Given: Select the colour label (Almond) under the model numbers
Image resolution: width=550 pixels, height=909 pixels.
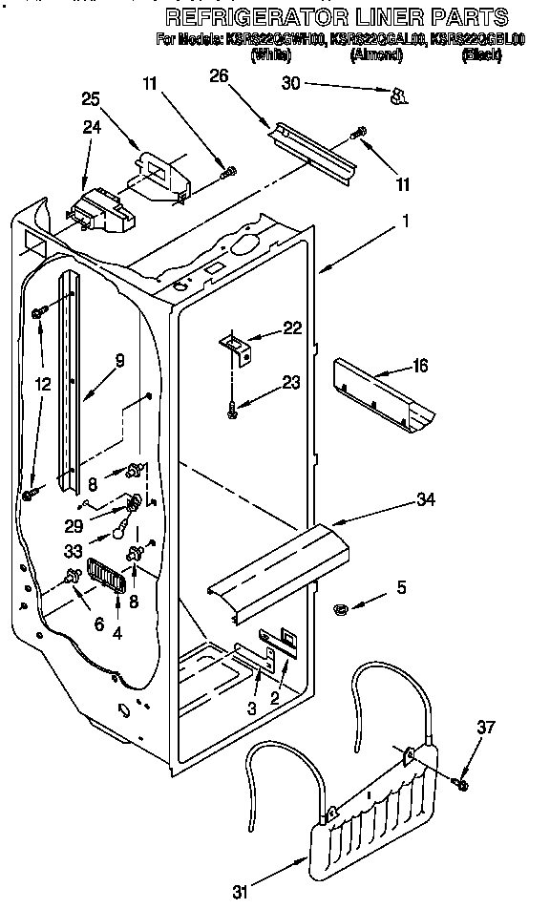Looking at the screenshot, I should click(x=382, y=56).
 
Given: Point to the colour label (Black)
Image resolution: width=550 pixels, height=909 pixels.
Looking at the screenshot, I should click(x=480, y=56).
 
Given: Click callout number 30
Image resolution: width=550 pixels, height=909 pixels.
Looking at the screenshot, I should click(x=291, y=84).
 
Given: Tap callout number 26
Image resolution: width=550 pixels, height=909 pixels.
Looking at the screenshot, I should click(x=219, y=76).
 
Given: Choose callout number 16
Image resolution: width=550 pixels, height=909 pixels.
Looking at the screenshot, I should click(x=419, y=366).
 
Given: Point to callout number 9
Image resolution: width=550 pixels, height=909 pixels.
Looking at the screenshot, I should click(x=120, y=361).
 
